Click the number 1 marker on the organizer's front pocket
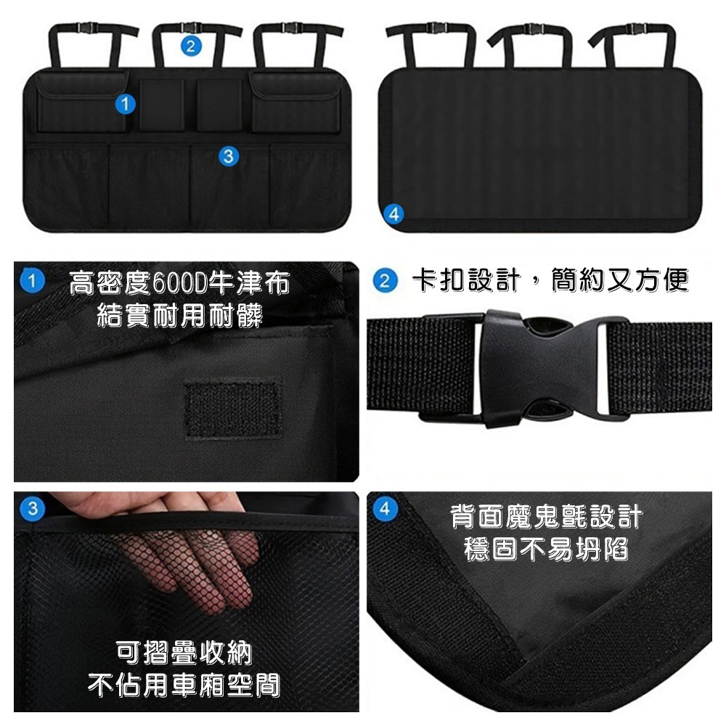126,105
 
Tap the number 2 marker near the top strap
189,47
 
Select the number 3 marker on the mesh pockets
228,155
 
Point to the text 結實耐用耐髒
179,315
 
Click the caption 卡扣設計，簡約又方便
549,280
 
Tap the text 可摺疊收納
184,653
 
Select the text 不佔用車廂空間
184,684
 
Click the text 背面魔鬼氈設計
546,517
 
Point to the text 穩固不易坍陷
546,549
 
